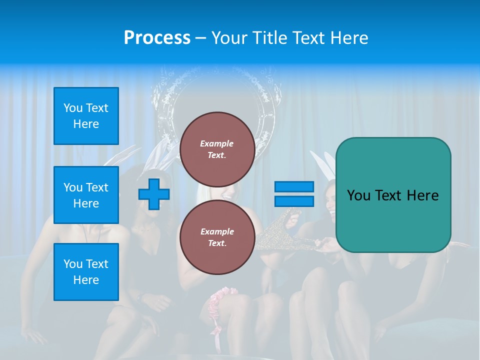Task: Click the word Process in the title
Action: [x=157, y=37]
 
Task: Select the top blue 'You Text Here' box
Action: [x=86, y=116]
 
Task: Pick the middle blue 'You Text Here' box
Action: [x=86, y=195]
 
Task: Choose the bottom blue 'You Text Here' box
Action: [x=86, y=272]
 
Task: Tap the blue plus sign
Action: [x=154, y=194]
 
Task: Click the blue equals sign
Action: [x=294, y=194]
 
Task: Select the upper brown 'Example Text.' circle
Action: [x=217, y=149]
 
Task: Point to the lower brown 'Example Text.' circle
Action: [x=217, y=237]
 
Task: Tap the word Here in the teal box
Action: [x=422, y=195]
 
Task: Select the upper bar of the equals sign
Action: [x=294, y=187]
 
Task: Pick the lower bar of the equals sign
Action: [x=294, y=201]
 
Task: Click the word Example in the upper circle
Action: [x=217, y=143]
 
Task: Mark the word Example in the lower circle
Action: [x=217, y=231]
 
